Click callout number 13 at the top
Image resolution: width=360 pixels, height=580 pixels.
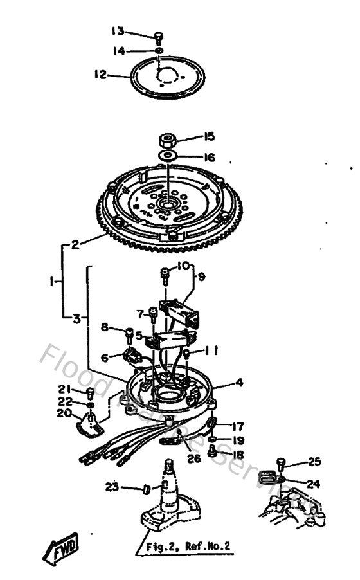tap(118, 30)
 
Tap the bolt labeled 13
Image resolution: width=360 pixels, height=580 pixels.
tap(158, 36)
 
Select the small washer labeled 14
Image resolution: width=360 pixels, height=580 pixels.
tap(158, 50)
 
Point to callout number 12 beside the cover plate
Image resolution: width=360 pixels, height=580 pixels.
tap(100, 75)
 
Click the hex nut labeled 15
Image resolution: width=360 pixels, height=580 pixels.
tap(167, 139)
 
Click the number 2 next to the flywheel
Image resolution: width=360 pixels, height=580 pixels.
tap(75, 244)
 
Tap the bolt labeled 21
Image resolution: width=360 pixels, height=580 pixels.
tap(91, 393)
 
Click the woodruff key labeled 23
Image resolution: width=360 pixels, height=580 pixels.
tap(148, 490)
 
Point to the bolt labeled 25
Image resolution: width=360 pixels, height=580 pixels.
tap(280, 462)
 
